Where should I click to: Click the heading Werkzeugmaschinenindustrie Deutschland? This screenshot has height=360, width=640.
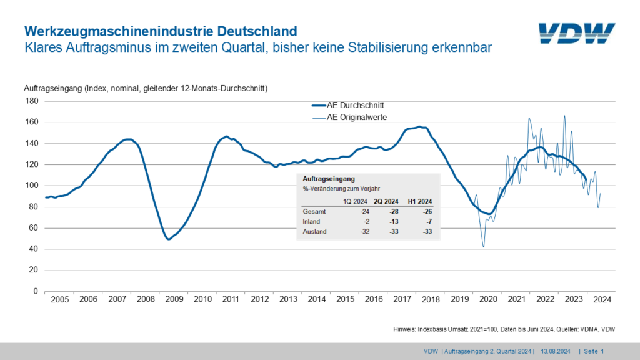point(160,31)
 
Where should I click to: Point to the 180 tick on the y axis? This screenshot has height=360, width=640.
point(31,101)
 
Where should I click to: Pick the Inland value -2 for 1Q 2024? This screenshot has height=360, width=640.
point(365,222)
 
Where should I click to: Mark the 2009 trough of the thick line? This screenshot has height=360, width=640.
point(168,239)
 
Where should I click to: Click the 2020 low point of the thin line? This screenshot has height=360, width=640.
point(483,247)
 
